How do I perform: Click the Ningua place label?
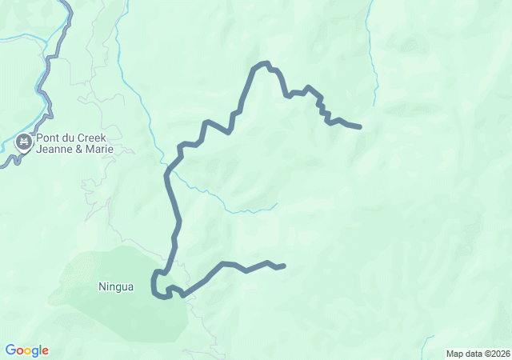click(115, 286)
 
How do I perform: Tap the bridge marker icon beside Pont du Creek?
click(24, 142)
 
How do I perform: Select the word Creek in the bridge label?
click(90, 138)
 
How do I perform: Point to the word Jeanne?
click(54, 150)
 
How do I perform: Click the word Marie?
click(98, 150)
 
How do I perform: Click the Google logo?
click(26, 350)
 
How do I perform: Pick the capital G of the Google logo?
click(10, 350)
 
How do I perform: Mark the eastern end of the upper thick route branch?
click(360, 126)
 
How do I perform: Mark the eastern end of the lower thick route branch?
click(284, 266)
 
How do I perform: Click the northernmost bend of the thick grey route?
click(262, 63)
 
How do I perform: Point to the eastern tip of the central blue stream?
click(276, 204)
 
